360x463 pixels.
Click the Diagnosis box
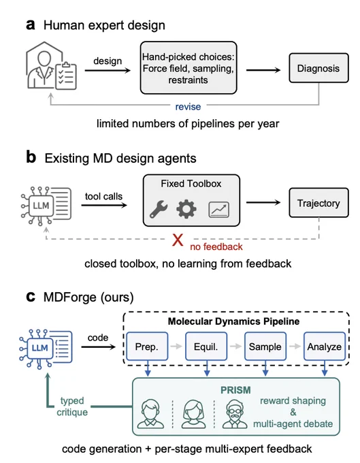click(x=318, y=68)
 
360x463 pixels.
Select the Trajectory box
click(x=318, y=203)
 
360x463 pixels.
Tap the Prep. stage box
click(x=147, y=347)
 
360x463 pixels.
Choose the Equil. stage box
click(x=206, y=347)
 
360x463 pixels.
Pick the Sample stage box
click(x=265, y=347)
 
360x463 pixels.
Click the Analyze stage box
click(x=325, y=347)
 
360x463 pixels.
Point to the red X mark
click(x=178, y=240)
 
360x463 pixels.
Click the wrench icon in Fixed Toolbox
click(x=159, y=209)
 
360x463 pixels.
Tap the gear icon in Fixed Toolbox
click(x=186, y=209)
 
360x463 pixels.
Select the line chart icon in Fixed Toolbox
click(x=218, y=210)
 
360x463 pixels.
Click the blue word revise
click(x=188, y=107)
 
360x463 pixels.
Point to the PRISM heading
click(x=235, y=390)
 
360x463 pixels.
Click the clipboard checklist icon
click(x=66, y=76)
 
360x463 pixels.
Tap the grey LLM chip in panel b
click(x=41, y=206)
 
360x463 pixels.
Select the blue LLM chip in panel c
click(x=39, y=348)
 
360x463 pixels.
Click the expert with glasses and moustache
click(x=235, y=414)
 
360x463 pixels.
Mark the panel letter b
click(x=31, y=157)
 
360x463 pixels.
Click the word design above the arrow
click(x=108, y=61)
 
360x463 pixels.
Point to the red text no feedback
click(x=216, y=246)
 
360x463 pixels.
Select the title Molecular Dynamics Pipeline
click(x=233, y=321)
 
